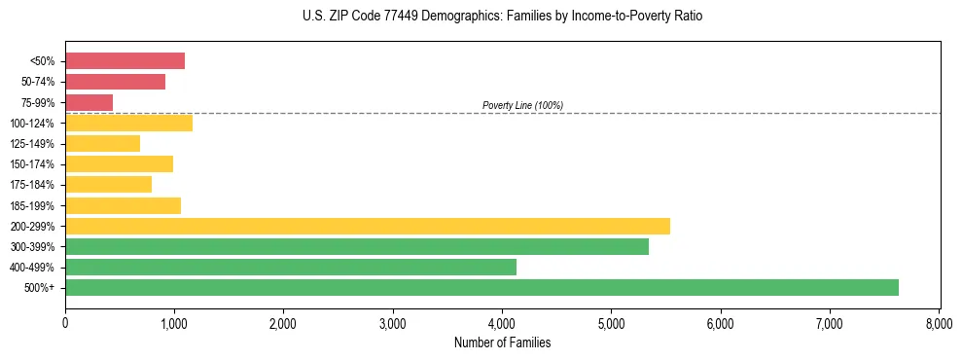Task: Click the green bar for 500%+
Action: click(x=481, y=287)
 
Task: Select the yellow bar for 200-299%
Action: click(x=368, y=226)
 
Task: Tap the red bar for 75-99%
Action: click(x=89, y=102)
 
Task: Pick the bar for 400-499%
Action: click(x=291, y=267)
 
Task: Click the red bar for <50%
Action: click(x=125, y=61)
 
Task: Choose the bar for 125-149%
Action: click(x=102, y=143)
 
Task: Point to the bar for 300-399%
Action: click(x=357, y=246)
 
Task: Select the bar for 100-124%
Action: click(x=128, y=123)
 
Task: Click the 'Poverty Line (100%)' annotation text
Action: click(x=522, y=105)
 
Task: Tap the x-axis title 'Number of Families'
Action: click(x=502, y=342)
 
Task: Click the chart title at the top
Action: click(x=502, y=17)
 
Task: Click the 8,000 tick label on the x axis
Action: click(x=939, y=322)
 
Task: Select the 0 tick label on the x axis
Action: click(x=65, y=322)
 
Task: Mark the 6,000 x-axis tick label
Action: click(x=721, y=322)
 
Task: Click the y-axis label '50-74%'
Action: click(x=37, y=82)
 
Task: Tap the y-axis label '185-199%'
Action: click(x=34, y=205)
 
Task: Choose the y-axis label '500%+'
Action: click(x=40, y=287)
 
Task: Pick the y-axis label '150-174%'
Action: click(x=34, y=164)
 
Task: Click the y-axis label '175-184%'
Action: click(x=34, y=185)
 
